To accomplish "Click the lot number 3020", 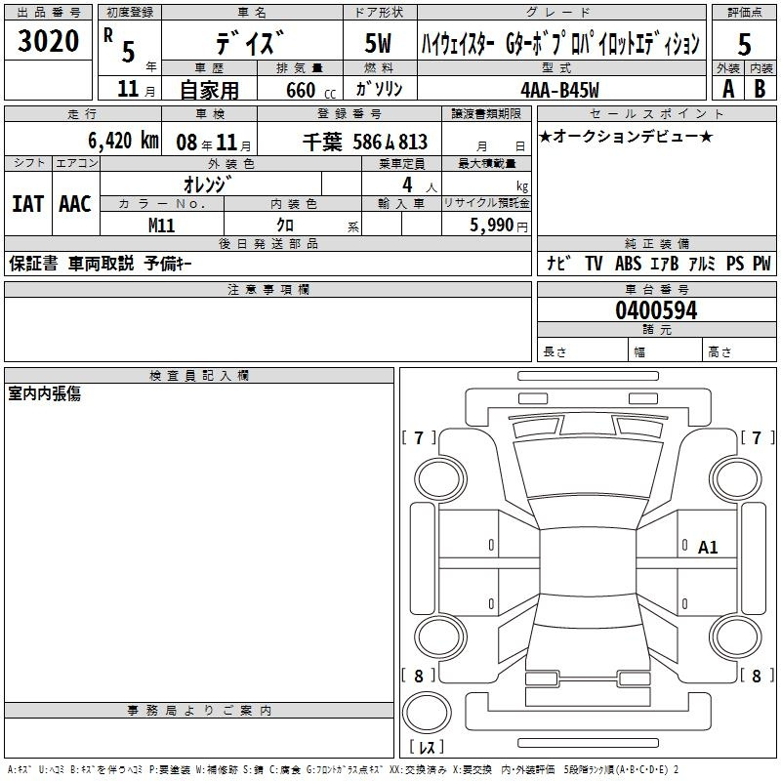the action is (x=48, y=41).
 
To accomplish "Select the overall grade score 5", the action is (x=744, y=44).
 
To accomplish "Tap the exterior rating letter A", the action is (x=728, y=89).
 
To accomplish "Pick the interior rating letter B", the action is (x=760, y=89).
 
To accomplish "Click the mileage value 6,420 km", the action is (x=124, y=141).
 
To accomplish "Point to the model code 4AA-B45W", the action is (x=559, y=90).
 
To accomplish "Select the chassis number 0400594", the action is (x=656, y=310).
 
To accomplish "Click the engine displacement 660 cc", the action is (x=310, y=90).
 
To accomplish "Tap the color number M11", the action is (x=161, y=226).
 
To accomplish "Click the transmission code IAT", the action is (x=28, y=204).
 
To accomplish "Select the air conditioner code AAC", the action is (x=75, y=204).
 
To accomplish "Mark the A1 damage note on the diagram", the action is (x=708, y=548).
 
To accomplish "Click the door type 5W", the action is (x=378, y=43).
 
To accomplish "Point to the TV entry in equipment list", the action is (x=594, y=263).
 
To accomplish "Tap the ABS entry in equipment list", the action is (x=628, y=263).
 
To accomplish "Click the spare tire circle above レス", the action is (x=427, y=713).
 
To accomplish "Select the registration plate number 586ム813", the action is (x=390, y=142).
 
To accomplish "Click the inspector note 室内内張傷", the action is (x=44, y=393).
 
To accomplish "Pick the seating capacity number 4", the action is (x=407, y=185).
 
